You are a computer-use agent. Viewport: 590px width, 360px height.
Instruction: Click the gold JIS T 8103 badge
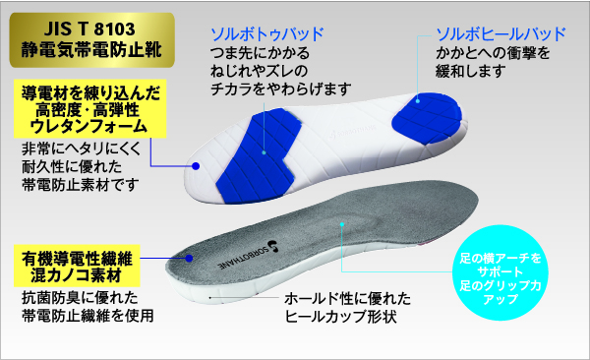click(92, 40)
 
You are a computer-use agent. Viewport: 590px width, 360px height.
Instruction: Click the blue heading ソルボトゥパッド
click(267, 34)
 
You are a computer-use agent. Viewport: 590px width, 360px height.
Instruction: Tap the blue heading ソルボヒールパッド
click(501, 34)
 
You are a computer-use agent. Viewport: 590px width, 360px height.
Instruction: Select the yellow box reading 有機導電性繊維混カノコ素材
click(77, 266)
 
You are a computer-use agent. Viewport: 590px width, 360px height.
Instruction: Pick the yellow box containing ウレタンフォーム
click(89, 108)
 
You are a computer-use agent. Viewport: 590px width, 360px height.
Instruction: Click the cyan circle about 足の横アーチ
click(501, 272)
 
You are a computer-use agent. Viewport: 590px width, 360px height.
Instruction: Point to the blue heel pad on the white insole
click(427, 119)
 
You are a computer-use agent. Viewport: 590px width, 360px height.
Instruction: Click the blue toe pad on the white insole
click(259, 155)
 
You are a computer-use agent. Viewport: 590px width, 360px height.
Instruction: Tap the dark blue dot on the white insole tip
click(196, 166)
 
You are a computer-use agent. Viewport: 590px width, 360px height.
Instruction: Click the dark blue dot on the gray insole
click(189, 258)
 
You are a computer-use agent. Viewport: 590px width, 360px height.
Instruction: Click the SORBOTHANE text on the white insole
click(353, 131)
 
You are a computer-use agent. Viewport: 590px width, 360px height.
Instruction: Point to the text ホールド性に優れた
click(347, 299)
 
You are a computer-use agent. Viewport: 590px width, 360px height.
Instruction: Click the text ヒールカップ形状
click(340, 317)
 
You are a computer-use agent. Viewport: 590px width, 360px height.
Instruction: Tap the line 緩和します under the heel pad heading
click(470, 71)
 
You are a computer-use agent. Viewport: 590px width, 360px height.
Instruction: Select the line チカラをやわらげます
click(280, 89)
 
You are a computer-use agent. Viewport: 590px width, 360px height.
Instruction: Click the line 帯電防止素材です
click(81, 185)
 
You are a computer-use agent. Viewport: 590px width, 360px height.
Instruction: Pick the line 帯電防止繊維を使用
click(88, 316)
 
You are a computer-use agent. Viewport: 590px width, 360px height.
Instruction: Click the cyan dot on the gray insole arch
click(342, 224)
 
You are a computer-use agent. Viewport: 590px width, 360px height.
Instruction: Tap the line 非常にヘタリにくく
click(81, 149)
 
